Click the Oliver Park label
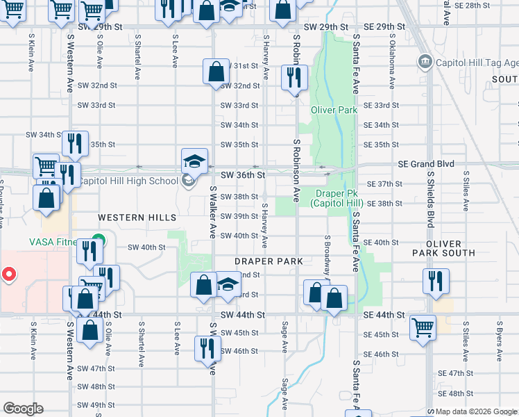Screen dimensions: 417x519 pyautogui.click(x=334, y=110)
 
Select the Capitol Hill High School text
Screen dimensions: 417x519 pyautogui.click(x=128, y=181)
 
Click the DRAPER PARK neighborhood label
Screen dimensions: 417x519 pyautogui.click(x=269, y=261)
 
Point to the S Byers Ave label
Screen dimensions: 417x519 pyautogui.click(x=499, y=342)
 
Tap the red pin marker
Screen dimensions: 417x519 pyautogui.click(x=8, y=274)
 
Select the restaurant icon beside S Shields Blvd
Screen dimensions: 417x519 pyautogui.click(x=436, y=280)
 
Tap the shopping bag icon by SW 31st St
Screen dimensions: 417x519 pyautogui.click(x=216, y=70)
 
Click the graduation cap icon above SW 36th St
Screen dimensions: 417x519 pyautogui.click(x=194, y=161)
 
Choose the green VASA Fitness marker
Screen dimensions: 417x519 pyautogui.click(x=99, y=242)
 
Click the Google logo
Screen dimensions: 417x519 pyautogui.click(x=23, y=409)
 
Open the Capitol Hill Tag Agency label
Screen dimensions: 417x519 pyautogui.click(x=476, y=63)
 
